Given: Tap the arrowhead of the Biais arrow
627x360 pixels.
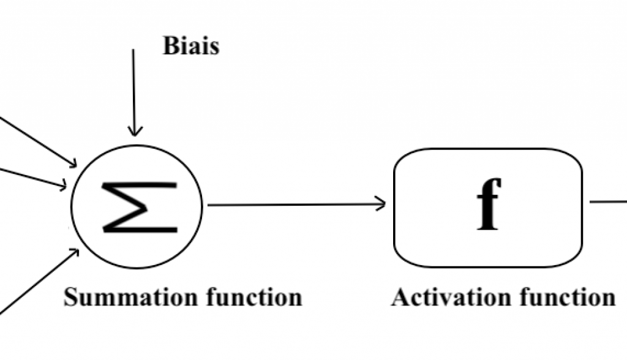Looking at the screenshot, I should pyautogui.click(x=134, y=130).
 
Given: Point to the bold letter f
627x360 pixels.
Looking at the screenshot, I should pyautogui.click(x=489, y=204).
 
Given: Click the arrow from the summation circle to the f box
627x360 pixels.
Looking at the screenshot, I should pyautogui.click(x=294, y=204).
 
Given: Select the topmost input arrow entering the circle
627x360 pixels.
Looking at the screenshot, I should pyautogui.click(x=37, y=141).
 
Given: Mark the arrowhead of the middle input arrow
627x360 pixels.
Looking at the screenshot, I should pyautogui.click(x=63, y=185).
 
